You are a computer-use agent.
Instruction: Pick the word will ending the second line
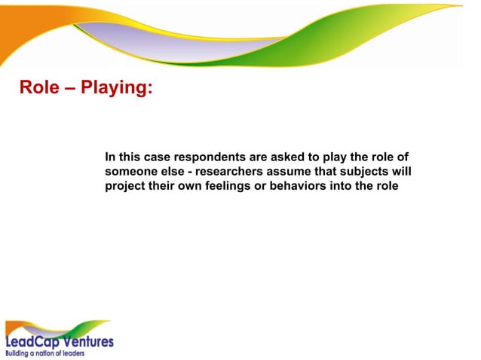[x=401, y=172]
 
